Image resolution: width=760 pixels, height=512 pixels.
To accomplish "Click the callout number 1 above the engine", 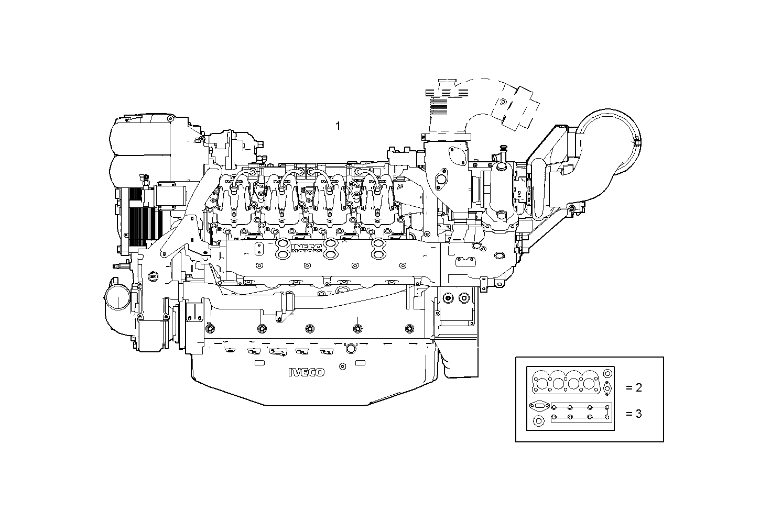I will click(338, 126).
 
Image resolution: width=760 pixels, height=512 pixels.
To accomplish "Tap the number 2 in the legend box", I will click(638, 387).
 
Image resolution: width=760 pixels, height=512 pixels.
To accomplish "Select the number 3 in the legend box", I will click(638, 414).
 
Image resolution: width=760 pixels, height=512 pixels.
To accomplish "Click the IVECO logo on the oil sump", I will click(306, 372).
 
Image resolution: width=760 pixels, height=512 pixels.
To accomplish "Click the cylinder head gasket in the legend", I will click(566, 382).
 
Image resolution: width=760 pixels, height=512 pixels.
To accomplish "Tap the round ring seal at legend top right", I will click(607, 374).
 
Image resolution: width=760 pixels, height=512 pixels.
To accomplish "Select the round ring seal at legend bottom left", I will click(538, 421).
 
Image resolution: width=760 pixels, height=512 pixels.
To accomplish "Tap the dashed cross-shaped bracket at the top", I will click(516, 107).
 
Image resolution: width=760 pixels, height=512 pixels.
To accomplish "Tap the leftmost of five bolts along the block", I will click(210, 329).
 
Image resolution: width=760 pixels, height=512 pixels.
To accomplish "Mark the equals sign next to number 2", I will click(629, 388).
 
